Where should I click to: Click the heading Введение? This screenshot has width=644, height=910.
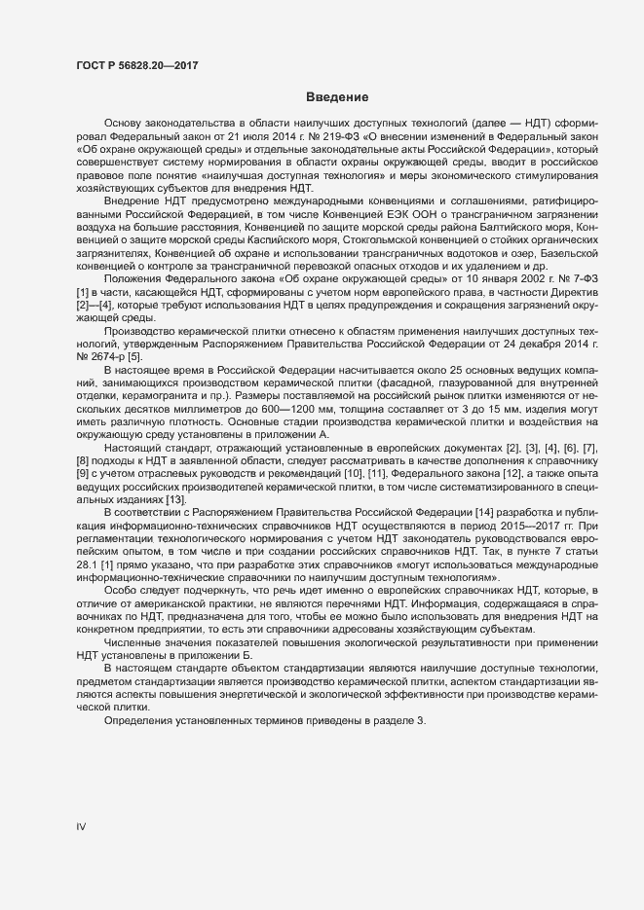(x=336, y=98)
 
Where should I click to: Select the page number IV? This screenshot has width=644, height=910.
(x=82, y=826)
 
